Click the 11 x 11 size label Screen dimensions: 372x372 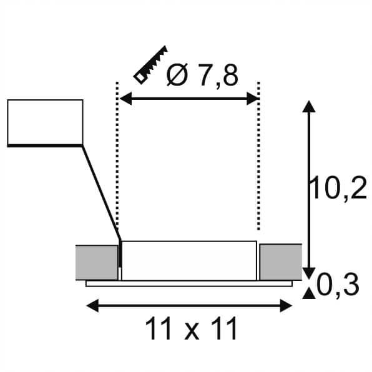tap(192, 329)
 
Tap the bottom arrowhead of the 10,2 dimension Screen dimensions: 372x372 tap(307, 270)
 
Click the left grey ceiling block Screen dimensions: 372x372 tap(96, 262)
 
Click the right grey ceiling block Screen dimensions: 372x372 tap(281, 262)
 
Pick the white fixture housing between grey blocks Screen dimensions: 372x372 tap(188, 260)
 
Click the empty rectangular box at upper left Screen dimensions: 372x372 tap(45, 122)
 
